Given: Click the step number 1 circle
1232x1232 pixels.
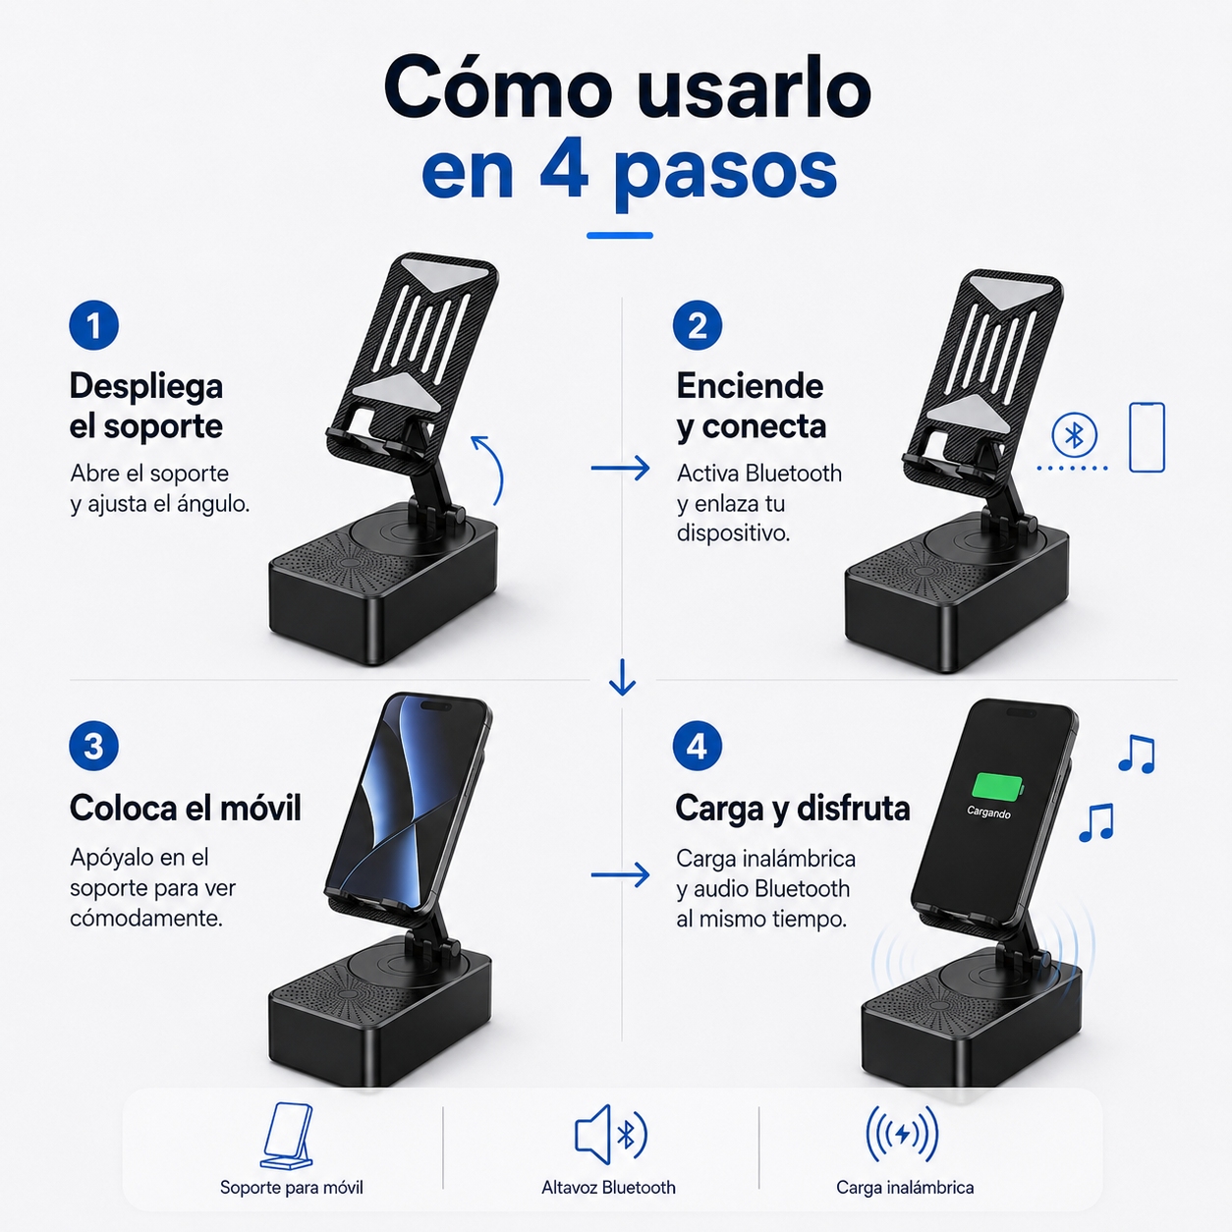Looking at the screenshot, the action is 94,325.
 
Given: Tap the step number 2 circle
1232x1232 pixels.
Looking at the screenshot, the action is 698,325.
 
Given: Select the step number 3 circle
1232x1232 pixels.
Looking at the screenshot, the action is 94,746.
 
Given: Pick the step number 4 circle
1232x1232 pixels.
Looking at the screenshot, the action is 698,746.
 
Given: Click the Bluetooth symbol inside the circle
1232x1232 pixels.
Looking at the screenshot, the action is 1074,435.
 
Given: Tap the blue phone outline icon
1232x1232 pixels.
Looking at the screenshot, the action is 1147,437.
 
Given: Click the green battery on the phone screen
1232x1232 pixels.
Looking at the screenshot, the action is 997,787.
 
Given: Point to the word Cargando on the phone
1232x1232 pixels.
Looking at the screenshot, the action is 988,812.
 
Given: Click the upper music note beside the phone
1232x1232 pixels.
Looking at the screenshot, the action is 1137,754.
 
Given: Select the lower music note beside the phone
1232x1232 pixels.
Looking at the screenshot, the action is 1096,822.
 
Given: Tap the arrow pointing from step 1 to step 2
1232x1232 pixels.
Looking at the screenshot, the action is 620,469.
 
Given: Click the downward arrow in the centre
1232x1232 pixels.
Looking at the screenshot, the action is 622,677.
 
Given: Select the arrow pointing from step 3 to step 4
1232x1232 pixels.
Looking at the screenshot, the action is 620,874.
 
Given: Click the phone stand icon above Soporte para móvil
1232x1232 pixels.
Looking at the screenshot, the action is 287,1136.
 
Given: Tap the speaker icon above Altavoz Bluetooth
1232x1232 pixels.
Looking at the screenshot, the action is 610,1134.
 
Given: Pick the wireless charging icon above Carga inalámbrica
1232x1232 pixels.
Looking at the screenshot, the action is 902,1134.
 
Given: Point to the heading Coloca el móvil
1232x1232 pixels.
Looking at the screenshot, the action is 186,809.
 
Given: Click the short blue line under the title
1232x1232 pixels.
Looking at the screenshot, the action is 620,235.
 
